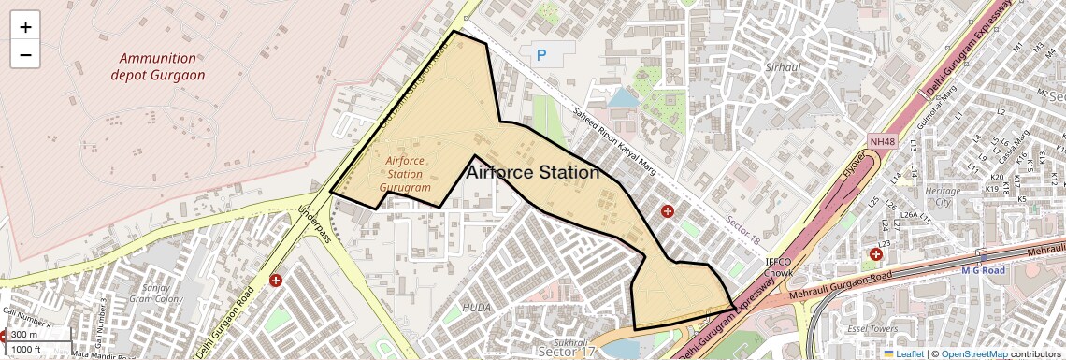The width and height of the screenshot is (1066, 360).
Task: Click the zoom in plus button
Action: (x=25, y=27)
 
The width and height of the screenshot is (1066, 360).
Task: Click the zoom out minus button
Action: (x=25, y=55)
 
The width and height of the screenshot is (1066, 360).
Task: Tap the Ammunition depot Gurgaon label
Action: (x=162, y=66)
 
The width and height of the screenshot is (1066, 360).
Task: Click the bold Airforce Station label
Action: (x=532, y=173)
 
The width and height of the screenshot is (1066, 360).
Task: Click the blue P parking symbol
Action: (x=541, y=56)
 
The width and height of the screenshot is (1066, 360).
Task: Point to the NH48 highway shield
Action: (x=882, y=141)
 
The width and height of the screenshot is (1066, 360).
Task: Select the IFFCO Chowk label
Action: (x=780, y=267)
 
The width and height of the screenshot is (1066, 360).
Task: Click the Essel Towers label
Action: (x=871, y=329)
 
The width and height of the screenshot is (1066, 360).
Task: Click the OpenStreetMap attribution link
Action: (x=974, y=353)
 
